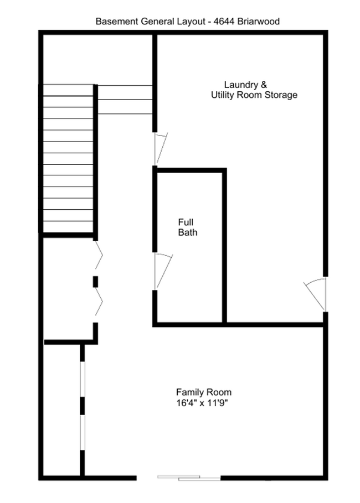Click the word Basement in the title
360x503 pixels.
click(115, 22)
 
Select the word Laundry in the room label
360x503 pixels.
click(240, 85)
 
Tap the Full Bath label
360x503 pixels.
click(187, 227)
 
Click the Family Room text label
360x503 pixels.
click(204, 392)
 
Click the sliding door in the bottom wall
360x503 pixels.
click(179, 478)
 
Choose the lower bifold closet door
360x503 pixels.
click(98, 304)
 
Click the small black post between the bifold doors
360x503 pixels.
click(95, 281)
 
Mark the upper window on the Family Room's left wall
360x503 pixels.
click(82, 379)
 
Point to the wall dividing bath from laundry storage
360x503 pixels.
click(224, 246)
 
